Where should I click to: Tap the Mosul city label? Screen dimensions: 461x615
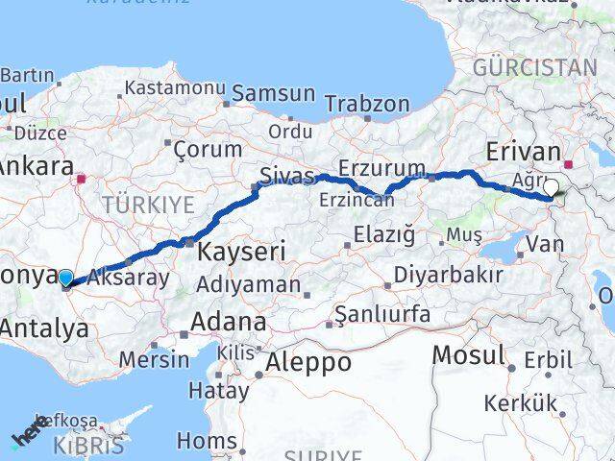(468, 354)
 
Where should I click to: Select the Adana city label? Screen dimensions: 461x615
(229, 321)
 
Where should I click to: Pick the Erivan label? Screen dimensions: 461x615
(523, 151)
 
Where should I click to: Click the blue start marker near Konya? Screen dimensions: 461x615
(65, 279)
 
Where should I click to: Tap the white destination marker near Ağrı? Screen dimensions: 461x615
(552, 188)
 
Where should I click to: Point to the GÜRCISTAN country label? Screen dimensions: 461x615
(535, 67)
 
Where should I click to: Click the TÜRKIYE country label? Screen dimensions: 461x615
(149, 204)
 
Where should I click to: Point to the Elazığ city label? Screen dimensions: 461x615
(383, 233)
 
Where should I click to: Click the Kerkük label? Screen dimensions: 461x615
(522, 403)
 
